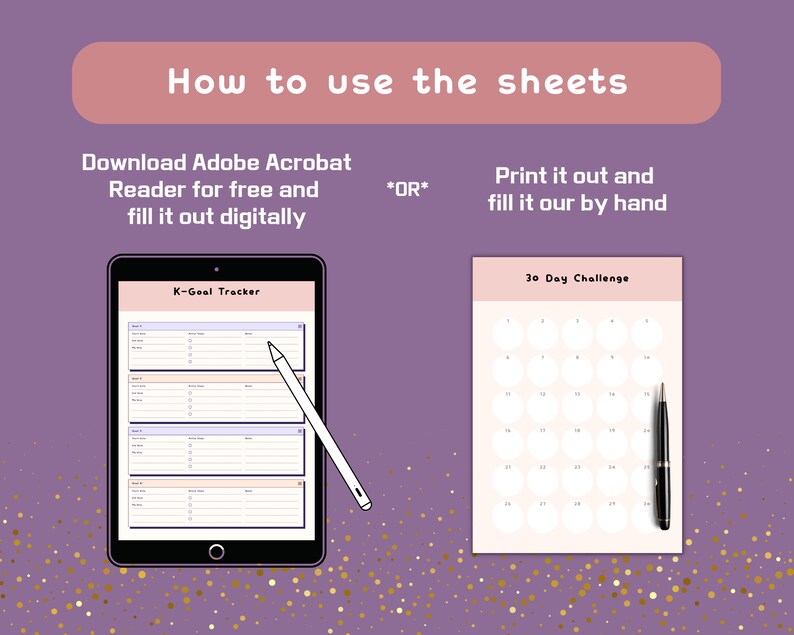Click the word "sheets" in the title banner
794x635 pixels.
click(564, 82)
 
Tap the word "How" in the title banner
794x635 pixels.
click(205, 82)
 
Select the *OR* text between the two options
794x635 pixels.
click(407, 188)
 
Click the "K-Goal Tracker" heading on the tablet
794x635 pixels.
click(216, 292)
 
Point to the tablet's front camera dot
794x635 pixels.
click(216, 269)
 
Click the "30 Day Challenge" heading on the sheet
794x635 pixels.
click(577, 278)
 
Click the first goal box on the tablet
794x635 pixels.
click(216, 345)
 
